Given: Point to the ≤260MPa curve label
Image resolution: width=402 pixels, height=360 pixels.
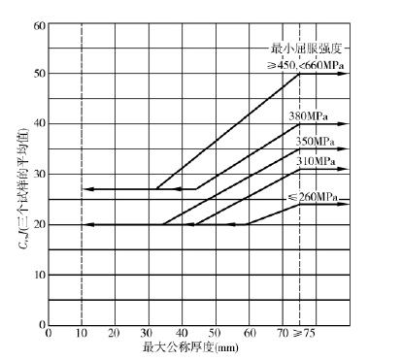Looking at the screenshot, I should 312,197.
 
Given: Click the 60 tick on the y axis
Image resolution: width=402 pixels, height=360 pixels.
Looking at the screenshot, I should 40,24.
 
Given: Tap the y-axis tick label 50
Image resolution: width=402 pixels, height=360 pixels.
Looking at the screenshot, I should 40,74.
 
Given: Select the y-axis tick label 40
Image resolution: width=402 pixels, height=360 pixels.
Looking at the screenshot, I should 40,124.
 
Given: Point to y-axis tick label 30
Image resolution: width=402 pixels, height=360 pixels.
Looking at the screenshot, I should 40,174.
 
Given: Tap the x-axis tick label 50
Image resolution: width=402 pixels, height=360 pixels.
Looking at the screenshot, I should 215,333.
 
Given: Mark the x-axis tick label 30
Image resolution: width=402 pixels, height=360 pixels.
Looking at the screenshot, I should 148,333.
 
